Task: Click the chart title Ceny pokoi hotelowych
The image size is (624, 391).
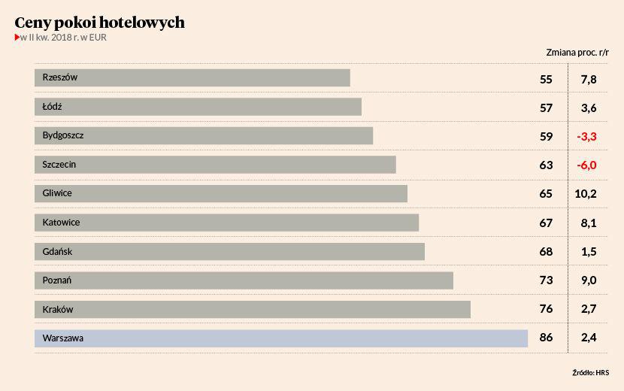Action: click(99, 23)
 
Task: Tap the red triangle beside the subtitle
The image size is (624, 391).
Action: click(17, 38)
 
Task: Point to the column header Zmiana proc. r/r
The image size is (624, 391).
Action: click(577, 53)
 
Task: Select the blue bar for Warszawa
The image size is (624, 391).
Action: click(281, 338)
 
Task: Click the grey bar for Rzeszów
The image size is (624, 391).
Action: click(192, 77)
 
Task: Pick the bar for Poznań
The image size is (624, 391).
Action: click(244, 280)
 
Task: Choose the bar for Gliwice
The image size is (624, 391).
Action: click(221, 193)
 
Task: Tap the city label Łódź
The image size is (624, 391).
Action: click(53, 107)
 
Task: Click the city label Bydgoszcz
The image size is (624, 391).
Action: click(63, 135)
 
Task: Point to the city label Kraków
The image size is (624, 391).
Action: click(58, 309)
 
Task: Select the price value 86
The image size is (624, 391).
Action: click(546, 338)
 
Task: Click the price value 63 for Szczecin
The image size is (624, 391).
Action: click(546, 165)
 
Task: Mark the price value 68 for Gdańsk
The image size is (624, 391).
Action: click(546, 252)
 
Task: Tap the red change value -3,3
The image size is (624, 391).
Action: click(586, 136)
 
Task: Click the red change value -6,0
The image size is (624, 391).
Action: click(586, 165)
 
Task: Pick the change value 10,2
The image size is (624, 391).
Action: click(586, 194)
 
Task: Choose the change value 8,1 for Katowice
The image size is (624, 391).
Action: click(589, 223)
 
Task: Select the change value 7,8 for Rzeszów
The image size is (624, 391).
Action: click(589, 79)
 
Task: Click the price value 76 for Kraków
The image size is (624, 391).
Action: click(546, 309)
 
